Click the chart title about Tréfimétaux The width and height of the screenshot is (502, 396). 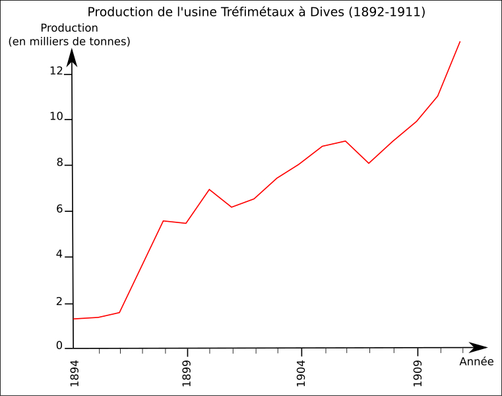coord(256,12)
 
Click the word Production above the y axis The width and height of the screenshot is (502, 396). coord(69,28)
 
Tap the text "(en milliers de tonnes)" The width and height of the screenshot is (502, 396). coord(69,42)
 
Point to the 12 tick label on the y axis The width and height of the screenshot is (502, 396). coord(56,71)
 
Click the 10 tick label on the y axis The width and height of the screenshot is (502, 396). coord(56,117)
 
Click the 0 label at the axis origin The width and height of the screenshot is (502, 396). coord(59,345)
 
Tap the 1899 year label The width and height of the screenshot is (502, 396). coord(187,373)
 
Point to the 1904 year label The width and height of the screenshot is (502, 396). coord(301,373)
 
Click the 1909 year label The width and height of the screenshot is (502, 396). coord(417,373)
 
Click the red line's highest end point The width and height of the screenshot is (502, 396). coord(460,42)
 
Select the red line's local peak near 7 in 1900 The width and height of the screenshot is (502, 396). coord(209,189)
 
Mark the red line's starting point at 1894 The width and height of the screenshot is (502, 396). coord(73,319)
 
